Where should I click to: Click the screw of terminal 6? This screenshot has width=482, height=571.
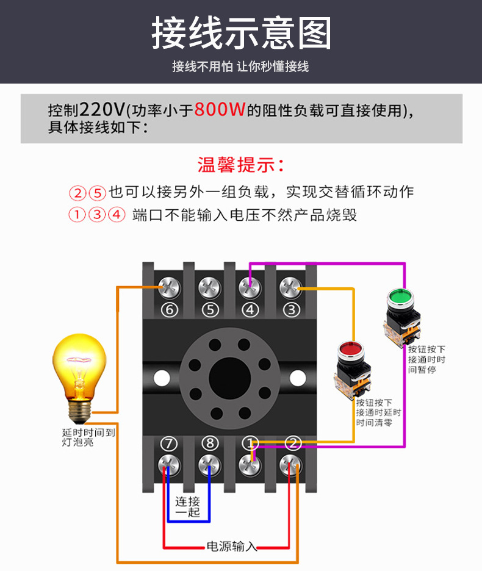click(168, 285)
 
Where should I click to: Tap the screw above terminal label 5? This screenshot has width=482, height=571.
click(209, 285)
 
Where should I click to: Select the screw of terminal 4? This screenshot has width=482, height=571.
click(249, 285)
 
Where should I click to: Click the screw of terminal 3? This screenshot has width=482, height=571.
click(290, 285)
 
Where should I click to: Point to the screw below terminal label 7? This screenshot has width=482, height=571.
click(168, 465)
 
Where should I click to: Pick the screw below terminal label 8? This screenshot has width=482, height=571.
click(209, 465)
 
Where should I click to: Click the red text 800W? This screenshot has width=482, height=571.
click(220, 110)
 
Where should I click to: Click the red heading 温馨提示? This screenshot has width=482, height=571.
click(240, 165)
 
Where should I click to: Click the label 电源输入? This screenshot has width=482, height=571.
click(231, 546)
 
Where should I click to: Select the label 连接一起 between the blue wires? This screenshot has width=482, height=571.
click(188, 507)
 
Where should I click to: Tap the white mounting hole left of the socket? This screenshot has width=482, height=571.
click(162, 378)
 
